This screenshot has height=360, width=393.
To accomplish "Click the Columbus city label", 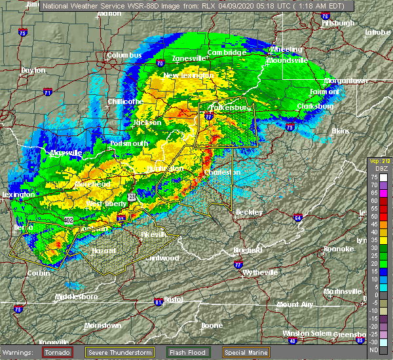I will coord(124,56).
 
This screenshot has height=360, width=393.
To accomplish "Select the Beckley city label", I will coord(249,212).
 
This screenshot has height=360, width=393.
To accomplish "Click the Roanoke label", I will coord(339,249).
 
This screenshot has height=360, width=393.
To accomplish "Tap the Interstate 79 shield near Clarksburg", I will coord(289,128).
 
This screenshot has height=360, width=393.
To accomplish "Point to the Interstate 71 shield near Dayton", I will coord(47,94).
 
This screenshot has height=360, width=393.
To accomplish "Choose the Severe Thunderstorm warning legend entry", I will coord(122,351).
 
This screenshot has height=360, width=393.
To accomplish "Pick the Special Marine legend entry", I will coord(248,351).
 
